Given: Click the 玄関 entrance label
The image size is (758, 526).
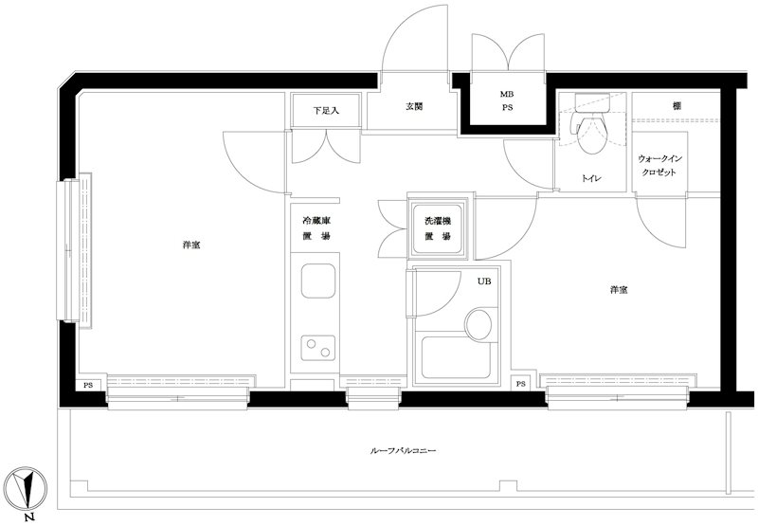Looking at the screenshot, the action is coord(414,106).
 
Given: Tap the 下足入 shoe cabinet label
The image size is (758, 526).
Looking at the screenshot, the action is coord(326,111).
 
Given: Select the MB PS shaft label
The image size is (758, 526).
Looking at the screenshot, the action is coord(507,101).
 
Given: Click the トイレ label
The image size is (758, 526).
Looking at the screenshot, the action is coord(591,178).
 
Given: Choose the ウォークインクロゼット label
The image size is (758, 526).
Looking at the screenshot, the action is coord(657,165).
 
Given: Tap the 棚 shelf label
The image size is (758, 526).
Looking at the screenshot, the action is coord(677,106).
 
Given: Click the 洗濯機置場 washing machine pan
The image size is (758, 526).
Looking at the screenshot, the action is coord(438,228).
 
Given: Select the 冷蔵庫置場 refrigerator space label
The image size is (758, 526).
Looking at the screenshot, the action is coord(316,228).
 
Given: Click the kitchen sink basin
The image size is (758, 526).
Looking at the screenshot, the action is coord(318,281).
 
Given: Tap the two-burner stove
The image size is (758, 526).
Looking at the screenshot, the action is coord(318,348).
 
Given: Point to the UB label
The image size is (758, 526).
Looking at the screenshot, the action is coord(484,281).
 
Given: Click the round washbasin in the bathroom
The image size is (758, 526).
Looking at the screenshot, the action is coord(478,324).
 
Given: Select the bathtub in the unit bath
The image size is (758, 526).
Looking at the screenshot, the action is coord(457,358).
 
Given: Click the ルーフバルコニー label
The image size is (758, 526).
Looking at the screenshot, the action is coord(403,450).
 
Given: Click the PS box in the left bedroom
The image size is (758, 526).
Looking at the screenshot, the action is coord(88,386).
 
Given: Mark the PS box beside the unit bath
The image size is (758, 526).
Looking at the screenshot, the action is coord(520,385).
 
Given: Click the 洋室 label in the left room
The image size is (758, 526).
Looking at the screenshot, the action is coord(191,245).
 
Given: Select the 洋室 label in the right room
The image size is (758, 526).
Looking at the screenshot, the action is coord(619,290).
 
